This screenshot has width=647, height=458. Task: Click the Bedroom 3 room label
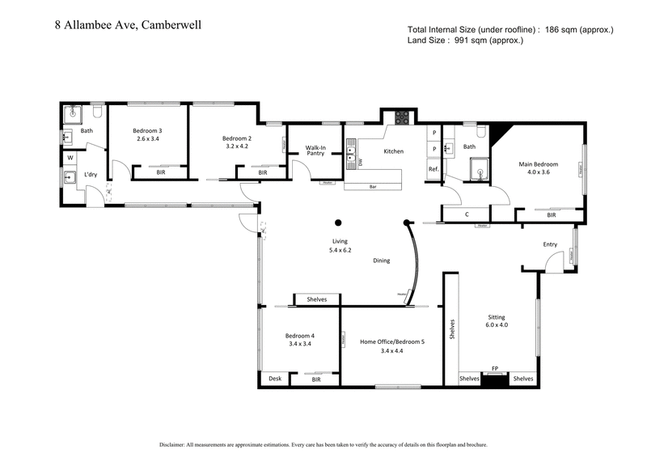tap(148, 134)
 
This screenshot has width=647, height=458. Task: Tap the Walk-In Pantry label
tap(315, 151)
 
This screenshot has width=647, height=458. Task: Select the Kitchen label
tap(393, 151)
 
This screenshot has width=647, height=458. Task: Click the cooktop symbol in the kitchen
tap(400, 119)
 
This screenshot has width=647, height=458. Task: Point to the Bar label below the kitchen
tap(373, 187)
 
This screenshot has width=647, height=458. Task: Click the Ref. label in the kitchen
tap(433, 168)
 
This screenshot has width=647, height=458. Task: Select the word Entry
tap(550, 244)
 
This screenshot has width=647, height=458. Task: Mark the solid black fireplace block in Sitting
tap(494, 380)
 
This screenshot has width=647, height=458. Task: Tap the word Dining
tap(382, 261)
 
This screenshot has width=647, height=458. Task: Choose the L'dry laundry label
tap(91, 175)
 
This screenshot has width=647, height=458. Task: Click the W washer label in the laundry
tap(70, 157)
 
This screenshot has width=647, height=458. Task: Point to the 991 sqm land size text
tap(465, 40)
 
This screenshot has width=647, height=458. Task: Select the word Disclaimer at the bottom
tap(177, 444)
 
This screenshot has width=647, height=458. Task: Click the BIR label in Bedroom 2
tap(262, 172)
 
